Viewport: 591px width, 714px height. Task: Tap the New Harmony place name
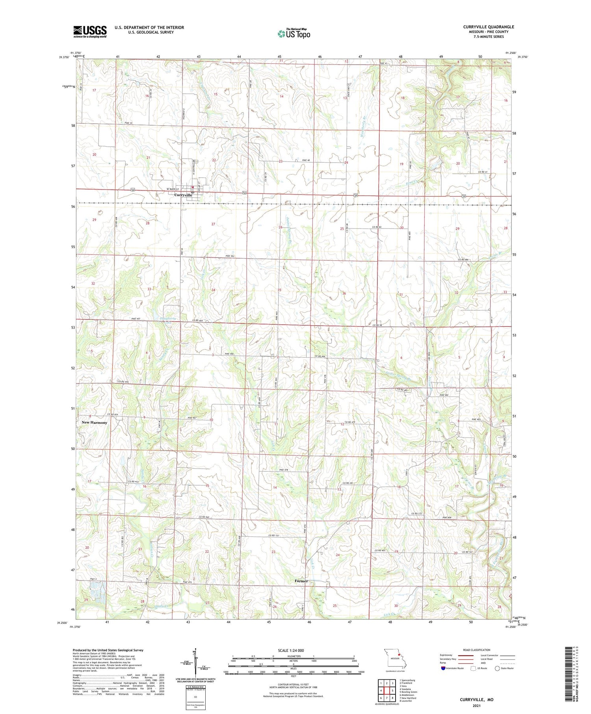click(x=94, y=422)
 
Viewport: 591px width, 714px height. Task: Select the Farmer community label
click(x=301, y=581)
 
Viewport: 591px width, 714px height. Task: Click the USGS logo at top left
click(x=90, y=32)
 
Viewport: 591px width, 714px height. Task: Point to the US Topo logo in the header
click(x=294, y=33)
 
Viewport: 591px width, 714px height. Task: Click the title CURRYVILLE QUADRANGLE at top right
click(x=489, y=27)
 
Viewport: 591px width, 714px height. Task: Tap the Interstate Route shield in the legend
click(x=443, y=668)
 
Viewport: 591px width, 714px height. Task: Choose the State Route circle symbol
click(x=497, y=668)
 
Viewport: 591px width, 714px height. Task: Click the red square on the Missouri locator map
click(x=398, y=656)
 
